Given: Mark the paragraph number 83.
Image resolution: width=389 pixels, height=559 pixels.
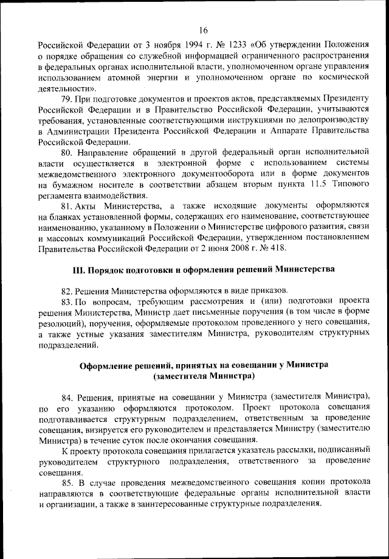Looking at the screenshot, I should tap(67, 301).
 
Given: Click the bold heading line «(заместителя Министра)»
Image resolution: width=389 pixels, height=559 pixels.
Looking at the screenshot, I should tap(203, 376).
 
